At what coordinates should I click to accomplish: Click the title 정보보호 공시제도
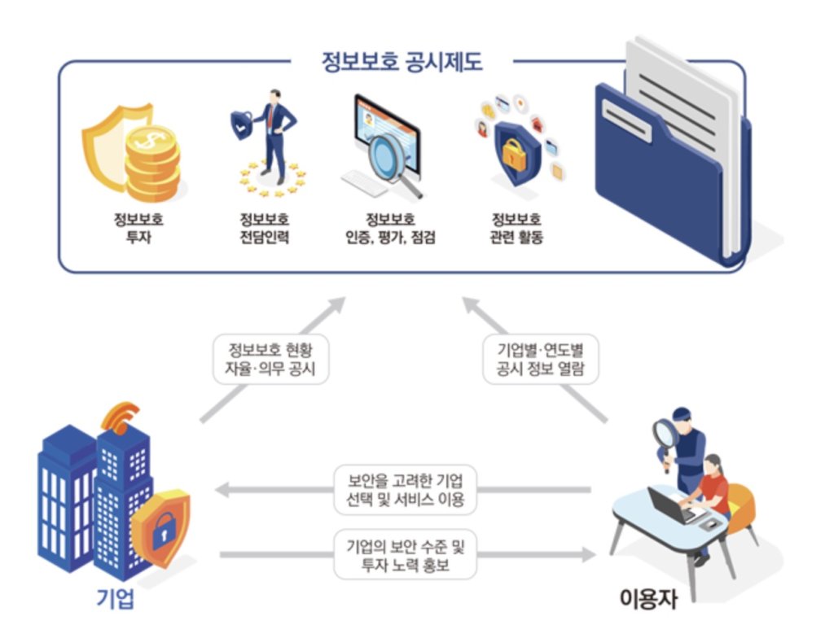pyautogui.click(x=402, y=62)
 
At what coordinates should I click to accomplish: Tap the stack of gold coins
pyautogui.click(x=152, y=163)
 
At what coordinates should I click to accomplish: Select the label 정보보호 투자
pyautogui.click(x=138, y=228)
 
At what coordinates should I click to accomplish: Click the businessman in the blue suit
pyautogui.click(x=275, y=136)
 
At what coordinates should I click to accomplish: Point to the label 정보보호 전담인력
pyautogui.click(x=265, y=228)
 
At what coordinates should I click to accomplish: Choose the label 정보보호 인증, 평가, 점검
pyautogui.click(x=390, y=228)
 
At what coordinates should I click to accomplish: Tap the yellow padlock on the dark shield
pyautogui.click(x=514, y=154)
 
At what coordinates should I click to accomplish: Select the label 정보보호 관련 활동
pyautogui.click(x=516, y=228)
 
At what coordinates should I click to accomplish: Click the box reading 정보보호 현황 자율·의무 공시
pyautogui.click(x=270, y=359)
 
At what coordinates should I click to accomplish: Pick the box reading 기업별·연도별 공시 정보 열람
pyautogui.click(x=541, y=359)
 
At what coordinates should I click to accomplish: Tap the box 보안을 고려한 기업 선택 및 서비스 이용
pyautogui.click(x=406, y=490)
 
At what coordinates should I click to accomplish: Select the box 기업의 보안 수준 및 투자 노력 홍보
pyautogui.click(x=406, y=554)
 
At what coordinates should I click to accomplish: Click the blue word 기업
pyautogui.click(x=116, y=598)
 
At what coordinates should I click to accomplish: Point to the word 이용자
pyautogui.click(x=648, y=598)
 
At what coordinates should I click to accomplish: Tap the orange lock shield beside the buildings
pyautogui.click(x=160, y=527)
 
